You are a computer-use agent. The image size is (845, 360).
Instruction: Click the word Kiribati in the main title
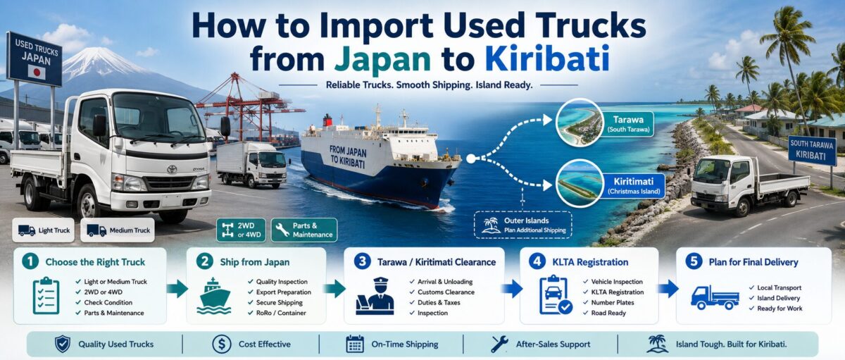[547, 58]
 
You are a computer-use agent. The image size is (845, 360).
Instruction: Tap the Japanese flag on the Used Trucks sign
[37, 72]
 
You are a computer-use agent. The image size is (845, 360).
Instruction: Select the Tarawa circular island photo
[580, 123]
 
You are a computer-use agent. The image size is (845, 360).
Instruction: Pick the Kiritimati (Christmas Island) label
[633, 186]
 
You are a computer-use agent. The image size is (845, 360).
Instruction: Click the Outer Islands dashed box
[522, 225]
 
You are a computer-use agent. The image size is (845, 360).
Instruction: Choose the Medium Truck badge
[118, 230]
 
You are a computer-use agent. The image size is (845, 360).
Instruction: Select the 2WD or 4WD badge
[241, 230]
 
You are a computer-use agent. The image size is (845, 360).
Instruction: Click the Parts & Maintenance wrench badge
[304, 230]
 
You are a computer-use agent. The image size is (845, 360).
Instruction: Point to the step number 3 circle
[362, 261]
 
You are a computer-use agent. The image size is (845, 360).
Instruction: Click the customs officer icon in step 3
[375, 296]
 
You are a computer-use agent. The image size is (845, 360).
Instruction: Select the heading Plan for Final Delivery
[753, 262]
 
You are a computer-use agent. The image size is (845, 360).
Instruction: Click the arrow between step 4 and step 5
[668, 289]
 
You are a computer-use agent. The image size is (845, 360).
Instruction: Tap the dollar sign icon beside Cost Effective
[222, 344]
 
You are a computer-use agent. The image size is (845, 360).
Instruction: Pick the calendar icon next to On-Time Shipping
[355, 344]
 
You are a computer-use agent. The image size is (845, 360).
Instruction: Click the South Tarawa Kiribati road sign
[812, 150]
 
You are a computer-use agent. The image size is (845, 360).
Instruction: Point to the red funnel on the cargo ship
[327, 120]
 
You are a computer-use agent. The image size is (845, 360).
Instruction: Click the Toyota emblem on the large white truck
[172, 169]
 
